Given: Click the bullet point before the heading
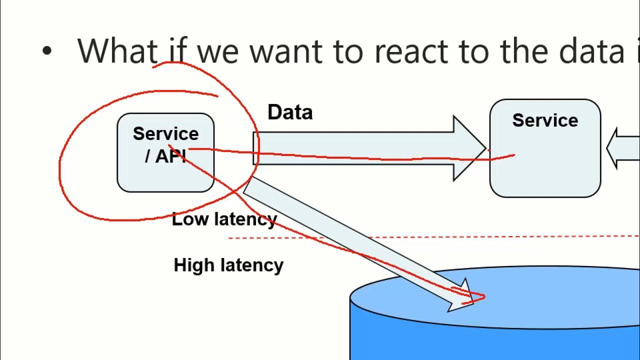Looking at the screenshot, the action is tap(47, 51).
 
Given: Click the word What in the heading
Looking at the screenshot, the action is tap(117, 51).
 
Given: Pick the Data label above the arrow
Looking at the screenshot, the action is tap(290, 112).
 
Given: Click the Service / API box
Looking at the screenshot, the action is tap(165, 152).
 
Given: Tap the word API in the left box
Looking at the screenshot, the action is tap(170, 156).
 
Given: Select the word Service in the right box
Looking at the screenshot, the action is tap(545, 120).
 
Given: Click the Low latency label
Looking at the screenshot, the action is tap(224, 219).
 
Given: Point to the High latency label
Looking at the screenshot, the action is tap(228, 265).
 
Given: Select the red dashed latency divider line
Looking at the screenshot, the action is tap(434, 237).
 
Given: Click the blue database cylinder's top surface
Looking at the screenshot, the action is tap(495, 297).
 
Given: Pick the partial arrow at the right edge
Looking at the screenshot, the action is tap(623, 148).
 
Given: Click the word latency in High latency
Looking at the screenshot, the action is tap(252, 265).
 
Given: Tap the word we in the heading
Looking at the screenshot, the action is tap(217, 54).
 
